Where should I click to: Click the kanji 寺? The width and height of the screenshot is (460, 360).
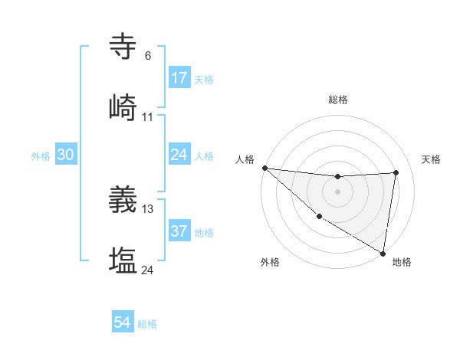[x=123, y=47]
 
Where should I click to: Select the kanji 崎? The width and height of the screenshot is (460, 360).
[x=123, y=108]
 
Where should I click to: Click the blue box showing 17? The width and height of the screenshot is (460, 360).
[x=179, y=78]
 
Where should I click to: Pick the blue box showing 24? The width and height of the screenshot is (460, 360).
[x=179, y=155]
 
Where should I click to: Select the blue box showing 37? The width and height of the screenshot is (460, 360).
[x=179, y=231]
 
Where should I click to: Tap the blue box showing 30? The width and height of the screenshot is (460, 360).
[x=66, y=155]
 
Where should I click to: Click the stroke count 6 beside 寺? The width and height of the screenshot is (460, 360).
[x=147, y=56]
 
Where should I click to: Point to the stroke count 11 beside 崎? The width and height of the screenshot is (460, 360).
[x=148, y=117]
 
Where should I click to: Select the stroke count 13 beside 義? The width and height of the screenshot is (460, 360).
[x=148, y=208]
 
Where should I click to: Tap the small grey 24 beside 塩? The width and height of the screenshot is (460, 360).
[x=147, y=270]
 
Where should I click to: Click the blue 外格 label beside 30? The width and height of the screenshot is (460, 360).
[x=41, y=156]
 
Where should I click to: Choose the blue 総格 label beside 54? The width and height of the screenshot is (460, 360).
[x=147, y=325]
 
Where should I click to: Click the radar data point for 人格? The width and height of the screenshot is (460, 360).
[x=264, y=168]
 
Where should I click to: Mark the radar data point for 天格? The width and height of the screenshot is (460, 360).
[x=396, y=172]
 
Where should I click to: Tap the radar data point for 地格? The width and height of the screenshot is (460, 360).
[x=383, y=253]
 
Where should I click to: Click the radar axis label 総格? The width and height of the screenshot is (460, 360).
[x=338, y=100]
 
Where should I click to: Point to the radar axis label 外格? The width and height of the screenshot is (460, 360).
[x=270, y=262]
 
